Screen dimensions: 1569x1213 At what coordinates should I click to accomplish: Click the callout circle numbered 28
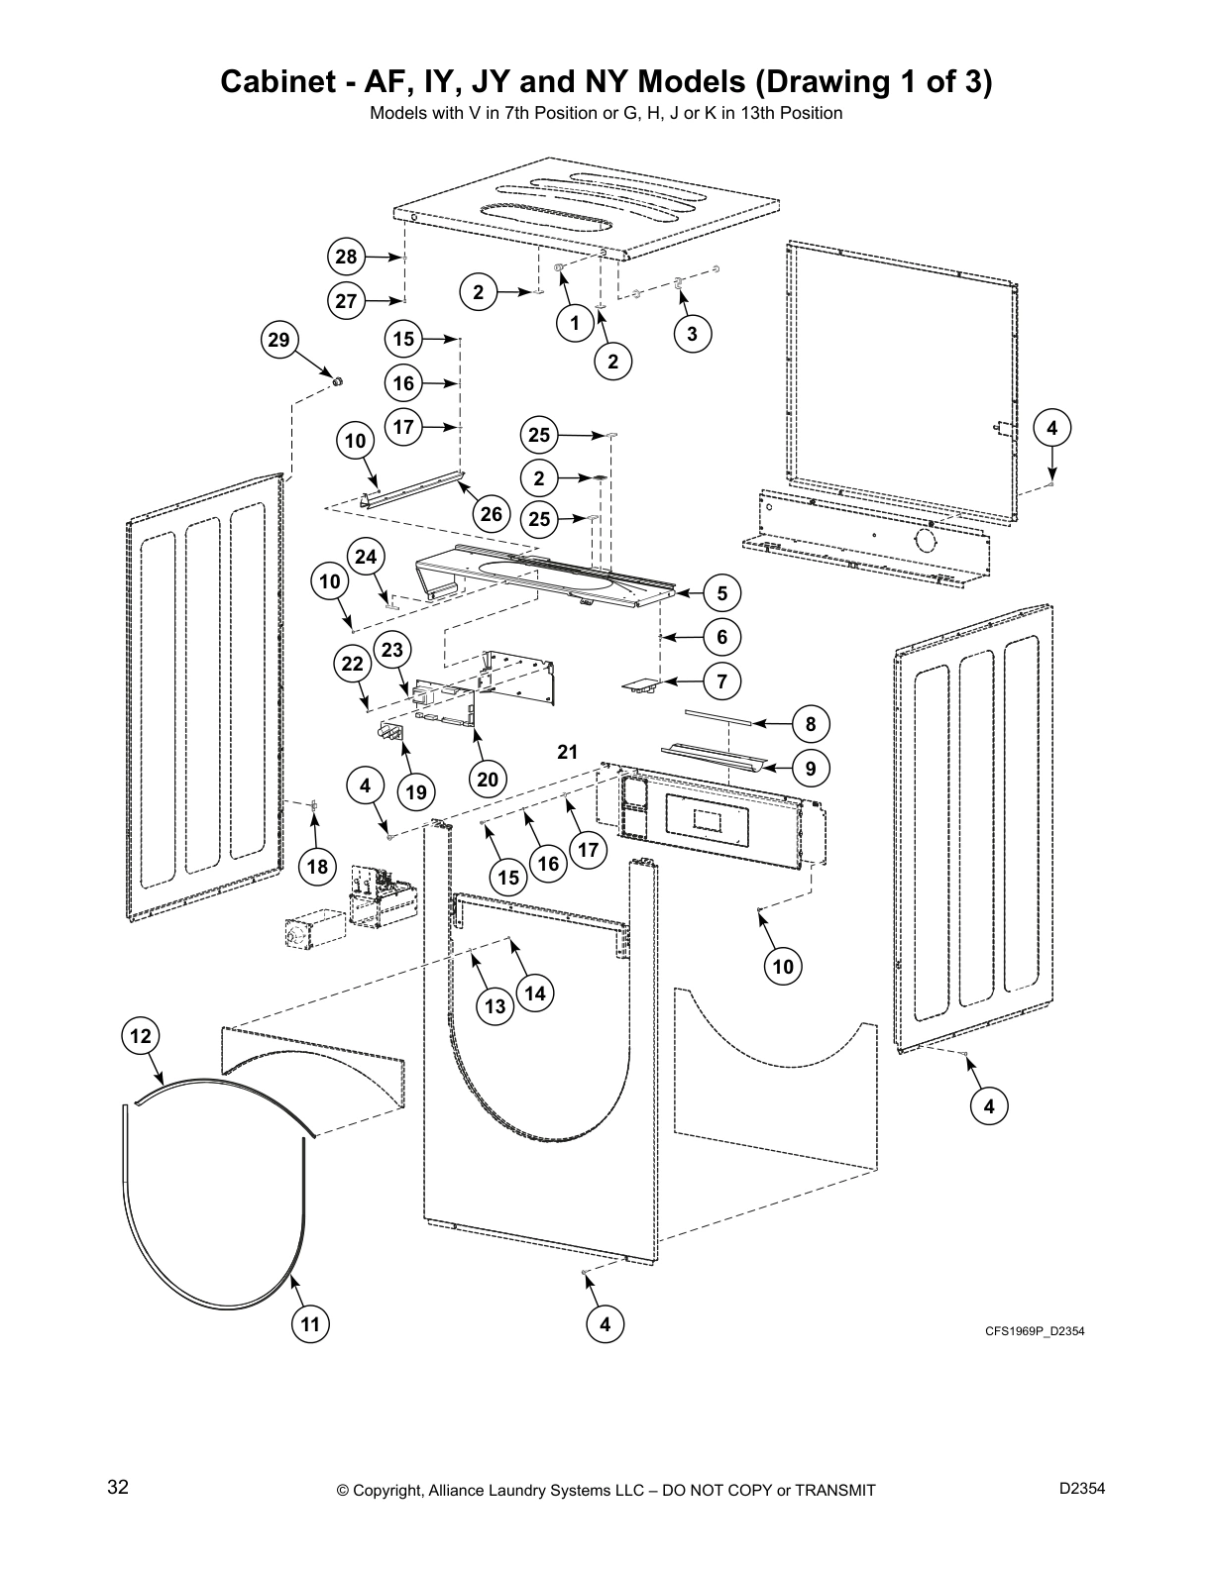click(x=346, y=258)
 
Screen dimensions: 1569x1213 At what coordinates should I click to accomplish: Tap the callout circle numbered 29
click(x=279, y=341)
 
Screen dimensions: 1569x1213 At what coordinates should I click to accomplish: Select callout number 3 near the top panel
click(x=692, y=334)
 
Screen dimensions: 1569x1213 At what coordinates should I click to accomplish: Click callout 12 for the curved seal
click(x=141, y=1036)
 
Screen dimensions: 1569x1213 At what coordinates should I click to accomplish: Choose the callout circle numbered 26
click(x=492, y=513)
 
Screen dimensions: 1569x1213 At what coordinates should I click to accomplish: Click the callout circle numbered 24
click(x=367, y=557)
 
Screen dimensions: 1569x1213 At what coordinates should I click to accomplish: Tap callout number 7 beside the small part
click(x=722, y=681)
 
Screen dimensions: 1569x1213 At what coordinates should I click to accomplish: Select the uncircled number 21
click(x=567, y=752)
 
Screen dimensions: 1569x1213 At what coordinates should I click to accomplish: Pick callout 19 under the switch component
click(x=416, y=791)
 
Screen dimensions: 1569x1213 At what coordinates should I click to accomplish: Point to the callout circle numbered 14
click(x=535, y=993)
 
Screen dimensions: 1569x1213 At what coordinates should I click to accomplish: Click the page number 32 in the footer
click(x=118, y=1487)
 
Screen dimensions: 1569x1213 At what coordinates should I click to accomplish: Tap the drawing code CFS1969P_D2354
click(x=1034, y=1330)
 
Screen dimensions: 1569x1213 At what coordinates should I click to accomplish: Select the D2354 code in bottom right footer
click(x=1082, y=1487)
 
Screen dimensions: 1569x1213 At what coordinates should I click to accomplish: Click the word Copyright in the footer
click(x=390, y=1490)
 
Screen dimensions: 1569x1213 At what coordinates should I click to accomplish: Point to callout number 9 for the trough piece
click(x=811, y=768)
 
